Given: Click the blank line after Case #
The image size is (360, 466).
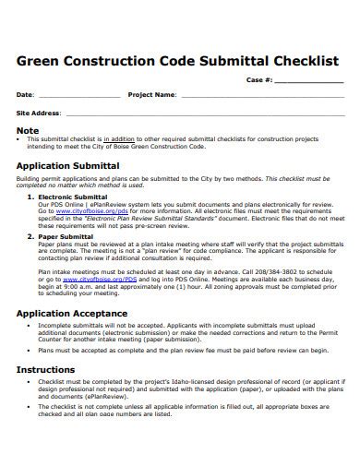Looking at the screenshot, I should tap(308, 82).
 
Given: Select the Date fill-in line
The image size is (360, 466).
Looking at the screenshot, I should tap(78, 95).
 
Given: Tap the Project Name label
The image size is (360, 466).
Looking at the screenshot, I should tap(151, 94).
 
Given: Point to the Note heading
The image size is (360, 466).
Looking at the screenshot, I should tap(29, 130).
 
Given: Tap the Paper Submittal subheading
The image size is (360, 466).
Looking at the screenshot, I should tap(65, 236).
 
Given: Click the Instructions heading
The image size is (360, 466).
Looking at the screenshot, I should tap(47, 369).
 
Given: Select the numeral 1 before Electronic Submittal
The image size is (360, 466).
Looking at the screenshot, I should tap(30, 197).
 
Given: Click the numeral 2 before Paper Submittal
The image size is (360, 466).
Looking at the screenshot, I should tap(30, 236).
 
